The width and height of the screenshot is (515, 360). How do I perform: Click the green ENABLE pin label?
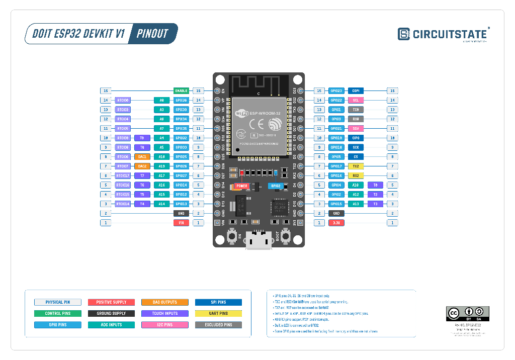click(x=181, y=91)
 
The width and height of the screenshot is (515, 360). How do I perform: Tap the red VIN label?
click(x=181, y=222)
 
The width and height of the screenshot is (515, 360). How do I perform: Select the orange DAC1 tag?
click(x=142, y=157)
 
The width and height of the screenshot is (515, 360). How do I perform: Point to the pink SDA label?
click(x=356, y=129)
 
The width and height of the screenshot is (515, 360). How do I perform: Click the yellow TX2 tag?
click(x=356, y=166)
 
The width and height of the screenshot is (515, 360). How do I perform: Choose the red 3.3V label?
click(x=336, y=222)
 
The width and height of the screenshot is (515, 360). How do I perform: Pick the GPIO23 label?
click(x=336, y=91)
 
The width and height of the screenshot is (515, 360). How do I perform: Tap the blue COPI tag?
click(x=356, y=91)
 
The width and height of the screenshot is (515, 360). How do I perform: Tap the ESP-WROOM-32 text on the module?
click(x=262, y=113)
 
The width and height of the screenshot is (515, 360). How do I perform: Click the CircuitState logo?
click(x=443, y=34)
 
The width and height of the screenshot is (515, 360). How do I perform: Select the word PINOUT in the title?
click(x=152, y=34)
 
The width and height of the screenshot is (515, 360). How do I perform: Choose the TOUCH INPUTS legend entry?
click(x=165, y=314)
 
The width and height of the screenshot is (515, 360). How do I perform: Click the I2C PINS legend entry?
click(x=165, y=325)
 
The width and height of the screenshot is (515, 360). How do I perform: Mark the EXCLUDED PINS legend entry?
click(x=219, y=325)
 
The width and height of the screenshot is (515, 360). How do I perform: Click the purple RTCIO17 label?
click(x=123, y=175)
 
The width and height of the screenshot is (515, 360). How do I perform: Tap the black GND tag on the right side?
click(x=336, y=213)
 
